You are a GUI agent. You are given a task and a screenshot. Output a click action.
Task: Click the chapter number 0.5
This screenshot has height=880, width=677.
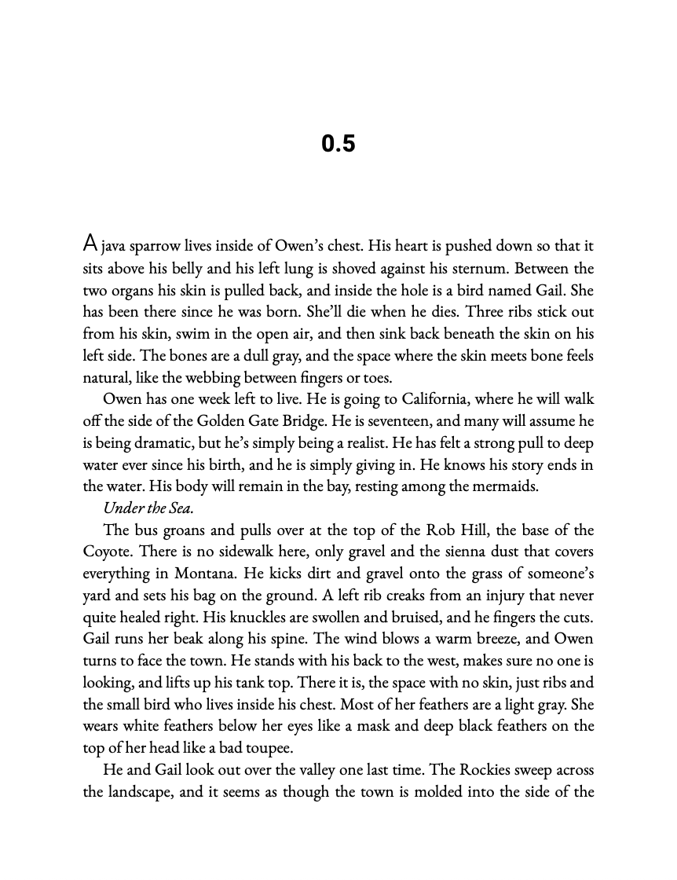[338, 144]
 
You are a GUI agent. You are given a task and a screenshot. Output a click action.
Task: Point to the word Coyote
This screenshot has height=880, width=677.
[108, 552]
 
